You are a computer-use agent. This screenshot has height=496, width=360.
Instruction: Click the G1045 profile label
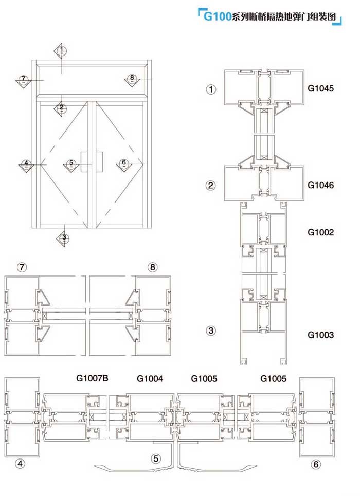(320, 88)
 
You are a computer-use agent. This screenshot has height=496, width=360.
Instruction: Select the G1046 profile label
(320, 185)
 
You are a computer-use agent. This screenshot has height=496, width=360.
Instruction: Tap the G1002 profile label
(320, 232)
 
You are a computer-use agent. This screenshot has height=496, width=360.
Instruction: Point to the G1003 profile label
(320, 335)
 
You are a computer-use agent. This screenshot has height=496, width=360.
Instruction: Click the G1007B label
(92, 378)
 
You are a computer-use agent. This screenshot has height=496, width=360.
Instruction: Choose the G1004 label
(150, 378)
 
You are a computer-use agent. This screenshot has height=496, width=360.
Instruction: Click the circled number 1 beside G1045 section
(211, 89)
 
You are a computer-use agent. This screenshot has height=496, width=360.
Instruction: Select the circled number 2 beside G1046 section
(211, 186)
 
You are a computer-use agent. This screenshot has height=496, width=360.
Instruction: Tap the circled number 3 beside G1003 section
(211, 331)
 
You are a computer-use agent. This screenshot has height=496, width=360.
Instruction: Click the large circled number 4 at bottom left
(20, 464)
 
